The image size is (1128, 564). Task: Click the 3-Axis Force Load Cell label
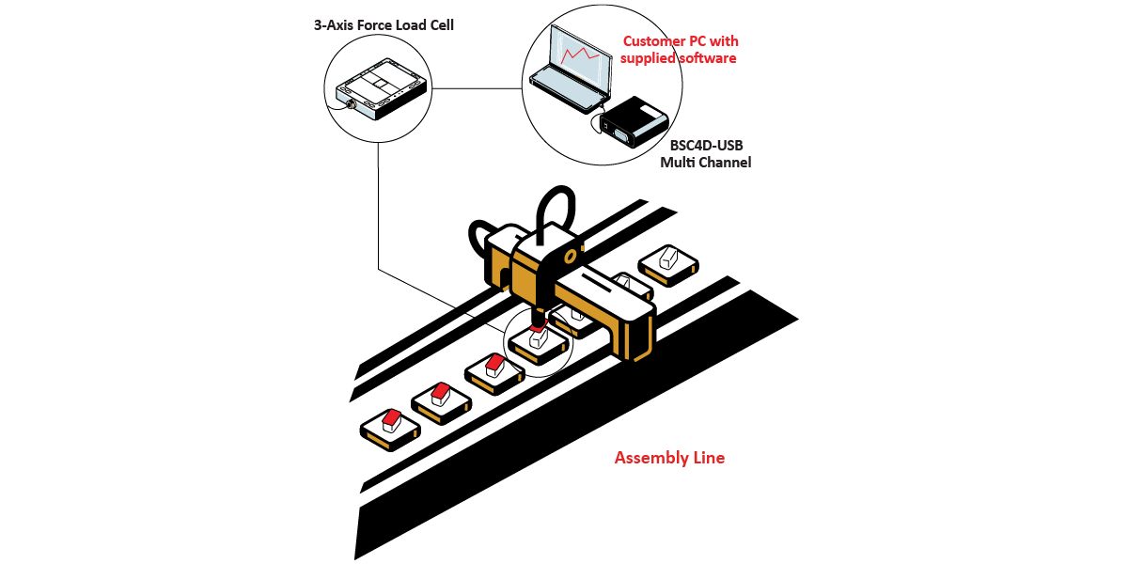point(384,25)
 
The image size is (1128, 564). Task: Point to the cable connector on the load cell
point(350,104)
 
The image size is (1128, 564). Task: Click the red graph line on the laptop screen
point(580,55)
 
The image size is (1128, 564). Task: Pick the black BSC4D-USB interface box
point(634,122)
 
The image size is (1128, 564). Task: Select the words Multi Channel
point(705,163)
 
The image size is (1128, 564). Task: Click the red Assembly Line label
point(669,458)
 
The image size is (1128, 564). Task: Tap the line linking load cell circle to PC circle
point(478,89)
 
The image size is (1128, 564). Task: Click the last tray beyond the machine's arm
point(668,262)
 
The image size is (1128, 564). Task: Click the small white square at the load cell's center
point(380,85)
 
